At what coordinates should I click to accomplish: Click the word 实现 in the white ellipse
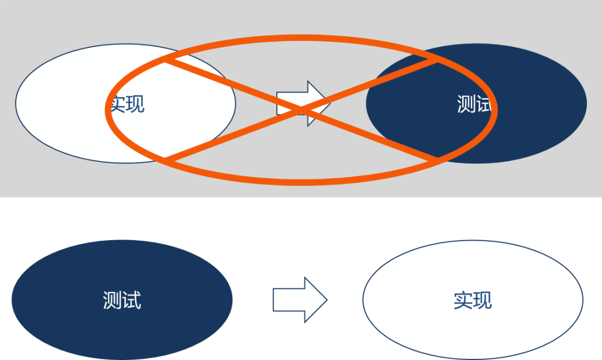[128, 104]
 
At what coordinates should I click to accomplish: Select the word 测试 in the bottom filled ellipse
[122, 300]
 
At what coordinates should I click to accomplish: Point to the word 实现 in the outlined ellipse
[473, 300]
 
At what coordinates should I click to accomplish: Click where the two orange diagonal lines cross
[302, 110]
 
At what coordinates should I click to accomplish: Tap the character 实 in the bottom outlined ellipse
[463, 300]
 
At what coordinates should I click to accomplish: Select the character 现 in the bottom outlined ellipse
[483, 300]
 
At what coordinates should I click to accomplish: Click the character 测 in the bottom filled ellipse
[112, 300]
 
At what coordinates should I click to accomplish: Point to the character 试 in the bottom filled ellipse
[132, 300]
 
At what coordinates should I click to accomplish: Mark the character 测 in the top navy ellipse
[467, 104]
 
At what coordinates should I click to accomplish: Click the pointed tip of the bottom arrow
[326, 299]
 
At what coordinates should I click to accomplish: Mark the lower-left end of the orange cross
[166, 159]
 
